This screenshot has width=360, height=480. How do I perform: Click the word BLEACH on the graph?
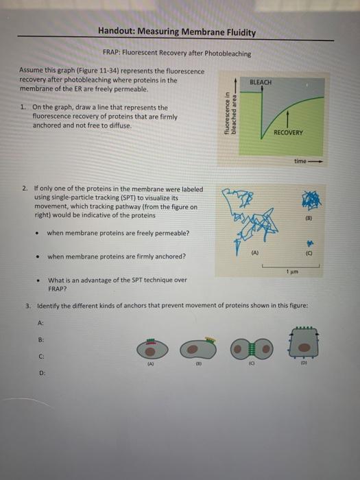click(261, 82)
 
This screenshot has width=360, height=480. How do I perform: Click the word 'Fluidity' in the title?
click(239, 32)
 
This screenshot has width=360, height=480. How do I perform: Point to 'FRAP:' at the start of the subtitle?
click(112, 53)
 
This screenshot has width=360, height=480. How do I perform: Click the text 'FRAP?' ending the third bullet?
click(58, 289)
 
